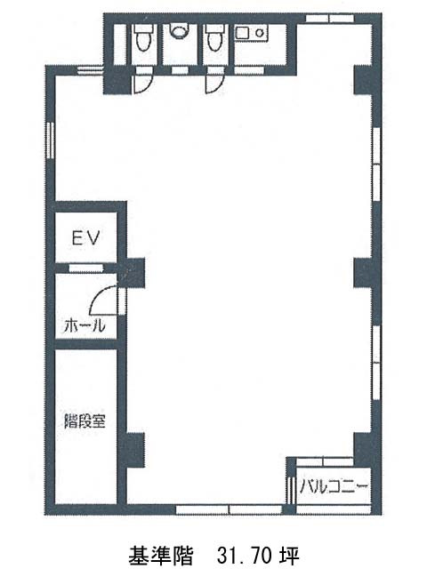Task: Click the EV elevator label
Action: (x=86, y=238)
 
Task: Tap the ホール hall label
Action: (x=85, y=325)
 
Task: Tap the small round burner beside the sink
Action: (x=260, y=34)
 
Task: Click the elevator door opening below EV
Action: (x=86, y=267)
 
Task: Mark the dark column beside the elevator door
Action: (x=133, y=269)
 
